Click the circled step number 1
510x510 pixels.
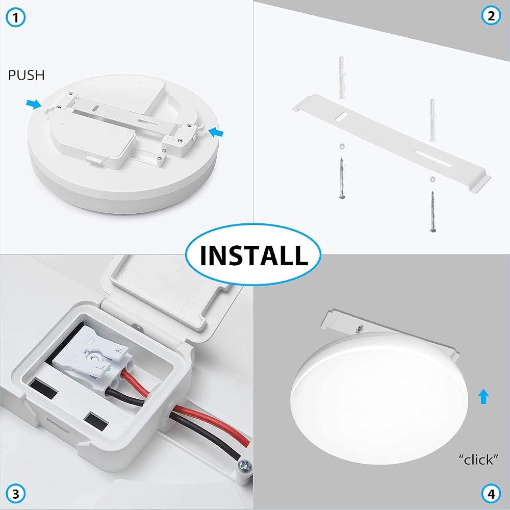pyautogui.click(x=15, y=17)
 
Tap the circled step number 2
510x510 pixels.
pyautogui.click(x=491, y=16)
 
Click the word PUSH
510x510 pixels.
pyautogui.click(x=27, y=75)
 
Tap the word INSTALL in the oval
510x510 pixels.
pyautogui.click(x=253, y=254)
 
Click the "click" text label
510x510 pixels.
pyautogui.click(x=478, y=460)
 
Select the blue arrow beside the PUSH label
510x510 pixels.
pyautogui.click(x=34, y=104)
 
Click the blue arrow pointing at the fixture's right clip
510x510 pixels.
pyautogui.click(x=216, y=132)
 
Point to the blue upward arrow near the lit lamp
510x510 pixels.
pyautogui.click(x=483, y=396)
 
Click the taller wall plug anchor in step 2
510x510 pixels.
pyautogui.click(x=342, y=78)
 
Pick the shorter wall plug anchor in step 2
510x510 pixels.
pyautogui.click(x=433, y=120)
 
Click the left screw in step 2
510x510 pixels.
pyautogui.click(x=342, y=178)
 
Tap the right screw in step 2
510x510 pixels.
pyautogui.click(x=432, y=212)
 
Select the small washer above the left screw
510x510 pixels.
pyautogui.click(x=342, y=146)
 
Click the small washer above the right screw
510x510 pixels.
pyautogui.click(x=432, y=179)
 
